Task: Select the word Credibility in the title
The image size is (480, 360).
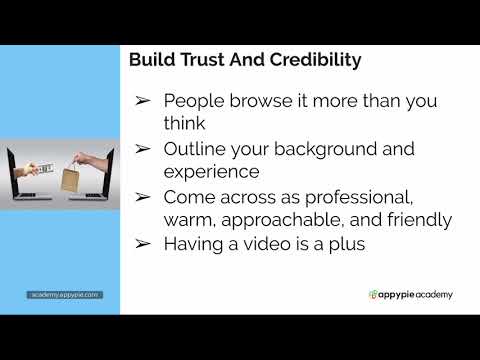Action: [311, 60]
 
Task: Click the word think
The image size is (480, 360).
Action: [185, 124]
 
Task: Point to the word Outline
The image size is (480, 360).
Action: [196, 149]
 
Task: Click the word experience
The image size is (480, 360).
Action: [212, 172]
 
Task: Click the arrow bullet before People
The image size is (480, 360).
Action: [142, 102]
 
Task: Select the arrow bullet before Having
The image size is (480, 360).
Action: [142, 244]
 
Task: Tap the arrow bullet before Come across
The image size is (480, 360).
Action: [142, 197]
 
